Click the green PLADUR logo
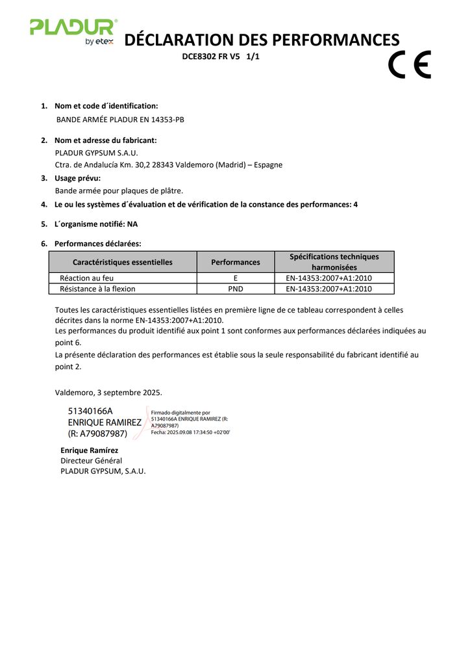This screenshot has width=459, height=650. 73,27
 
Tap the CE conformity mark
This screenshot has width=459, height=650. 409,64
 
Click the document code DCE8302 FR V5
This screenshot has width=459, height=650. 211,57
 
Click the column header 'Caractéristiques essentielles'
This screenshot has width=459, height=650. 123,262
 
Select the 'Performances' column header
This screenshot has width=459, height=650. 235,262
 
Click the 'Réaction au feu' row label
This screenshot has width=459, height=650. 86,278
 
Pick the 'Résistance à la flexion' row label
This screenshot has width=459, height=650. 97,289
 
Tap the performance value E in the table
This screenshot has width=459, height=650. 235,278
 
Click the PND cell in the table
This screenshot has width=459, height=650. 235,289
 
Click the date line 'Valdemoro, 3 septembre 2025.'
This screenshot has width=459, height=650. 108,392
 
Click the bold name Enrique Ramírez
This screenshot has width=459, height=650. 89,450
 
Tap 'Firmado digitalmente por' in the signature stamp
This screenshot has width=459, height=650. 180,412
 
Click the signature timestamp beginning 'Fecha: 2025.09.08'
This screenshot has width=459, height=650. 190,432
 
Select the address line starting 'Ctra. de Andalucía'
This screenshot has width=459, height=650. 169,164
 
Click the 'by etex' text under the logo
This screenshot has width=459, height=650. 99,42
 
